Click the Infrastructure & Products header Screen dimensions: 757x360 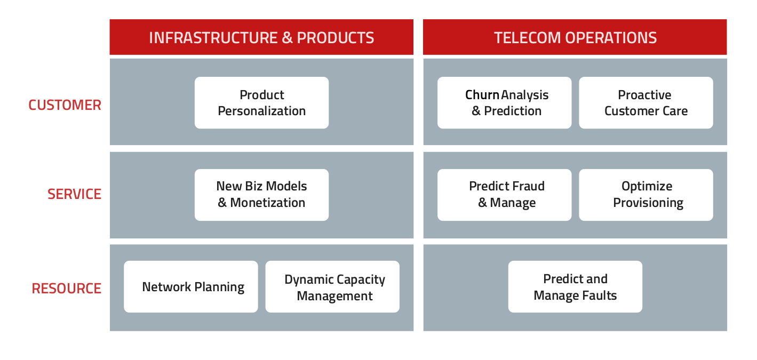(261, 37)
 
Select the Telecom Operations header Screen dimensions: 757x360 (575, 37)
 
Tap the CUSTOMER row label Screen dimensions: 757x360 (65, 105)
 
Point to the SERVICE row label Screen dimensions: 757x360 (74, 194)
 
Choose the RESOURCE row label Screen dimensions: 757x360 (67, 289)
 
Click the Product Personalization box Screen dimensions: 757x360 (261, 102)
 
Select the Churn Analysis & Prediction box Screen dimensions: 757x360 (504, 102)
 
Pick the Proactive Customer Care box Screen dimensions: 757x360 (646, 102)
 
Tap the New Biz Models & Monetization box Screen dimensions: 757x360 (261, 195)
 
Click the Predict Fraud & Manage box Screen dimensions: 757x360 (504, 195)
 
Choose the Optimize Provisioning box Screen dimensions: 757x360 (646, 195)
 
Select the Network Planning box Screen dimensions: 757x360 (191, 286)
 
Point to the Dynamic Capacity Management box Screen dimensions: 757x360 (332, 286)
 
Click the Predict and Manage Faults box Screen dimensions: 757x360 (575, 286)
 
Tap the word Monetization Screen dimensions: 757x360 (268, 203)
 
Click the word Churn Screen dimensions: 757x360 (482, 95)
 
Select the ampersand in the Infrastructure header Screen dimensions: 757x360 (287, 37)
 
